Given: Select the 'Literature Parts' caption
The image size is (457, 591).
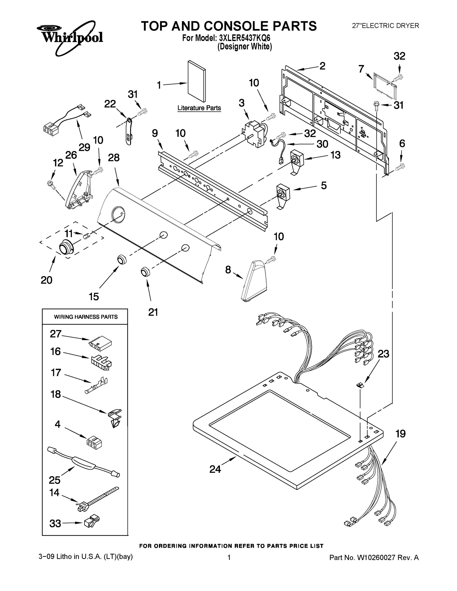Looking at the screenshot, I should click(199, 108).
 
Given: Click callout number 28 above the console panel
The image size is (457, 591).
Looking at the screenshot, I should click(114, 158).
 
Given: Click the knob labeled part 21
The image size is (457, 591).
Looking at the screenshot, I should click(145, 271).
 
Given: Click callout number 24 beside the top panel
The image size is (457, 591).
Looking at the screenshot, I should click(215, 469).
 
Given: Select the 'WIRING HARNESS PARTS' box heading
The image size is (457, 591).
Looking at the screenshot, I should click(85, 317).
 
